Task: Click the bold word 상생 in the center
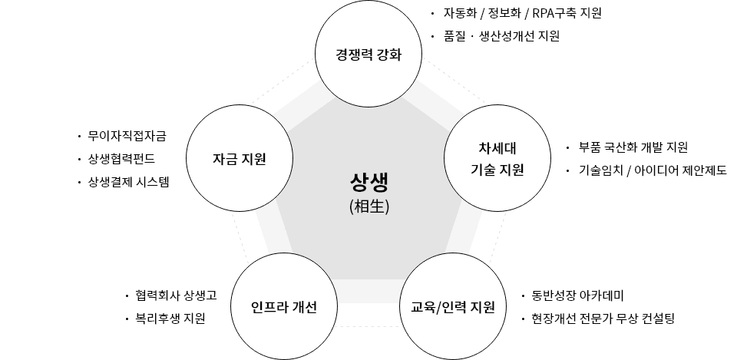369,183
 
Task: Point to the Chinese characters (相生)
369,206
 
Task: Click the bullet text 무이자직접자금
127,137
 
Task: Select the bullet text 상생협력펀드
121,159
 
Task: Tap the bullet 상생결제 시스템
128,182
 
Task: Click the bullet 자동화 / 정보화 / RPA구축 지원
522,13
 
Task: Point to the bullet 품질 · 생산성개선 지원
501,36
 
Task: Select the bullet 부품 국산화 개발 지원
633,147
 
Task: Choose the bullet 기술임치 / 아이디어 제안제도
653,170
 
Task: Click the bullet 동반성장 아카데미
577,296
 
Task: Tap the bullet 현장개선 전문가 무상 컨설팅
603,319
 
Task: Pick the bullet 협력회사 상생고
176,296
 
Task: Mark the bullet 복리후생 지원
170,319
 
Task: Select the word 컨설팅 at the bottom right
658,319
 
